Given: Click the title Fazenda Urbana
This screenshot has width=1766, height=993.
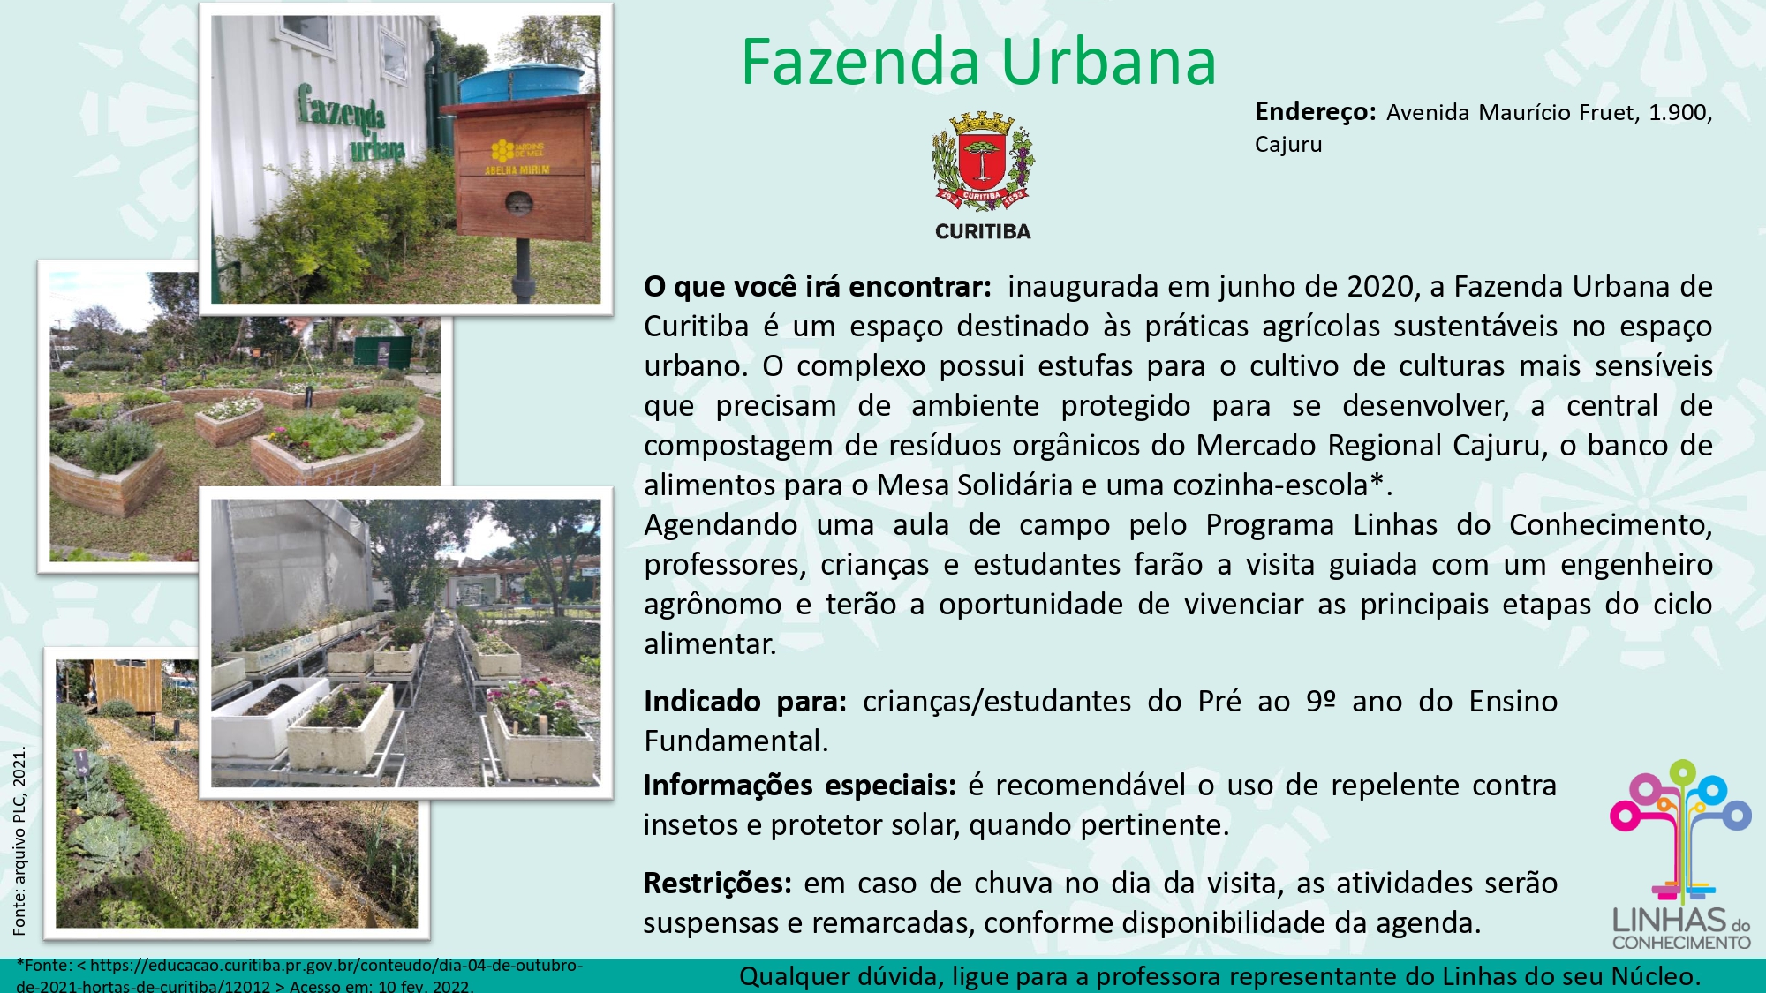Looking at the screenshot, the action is (x=978, y=62).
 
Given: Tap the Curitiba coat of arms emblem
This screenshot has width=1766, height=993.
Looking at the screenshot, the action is (x=983, y=162).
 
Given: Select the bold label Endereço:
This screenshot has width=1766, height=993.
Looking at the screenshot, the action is (x=1315, y=112).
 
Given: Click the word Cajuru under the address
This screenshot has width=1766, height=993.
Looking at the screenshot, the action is (x=1288, y=144).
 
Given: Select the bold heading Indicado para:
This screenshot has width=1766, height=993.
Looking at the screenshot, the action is (x=745, y=701).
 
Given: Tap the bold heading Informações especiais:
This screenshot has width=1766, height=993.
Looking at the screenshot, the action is (x=799, y=785).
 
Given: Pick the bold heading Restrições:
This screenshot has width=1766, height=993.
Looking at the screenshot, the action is (x=717, y=883).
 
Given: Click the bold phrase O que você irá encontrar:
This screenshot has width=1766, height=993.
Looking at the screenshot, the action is (x=818, y=287).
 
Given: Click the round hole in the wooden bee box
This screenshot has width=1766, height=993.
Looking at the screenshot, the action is (x=518, y=203).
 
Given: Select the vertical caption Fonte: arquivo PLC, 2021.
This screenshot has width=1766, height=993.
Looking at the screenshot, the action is (x=19, y=840).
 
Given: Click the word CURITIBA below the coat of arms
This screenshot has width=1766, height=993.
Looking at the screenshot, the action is (x=983, y=231).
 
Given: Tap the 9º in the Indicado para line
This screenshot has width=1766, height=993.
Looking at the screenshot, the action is (x=1321, y=701).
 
